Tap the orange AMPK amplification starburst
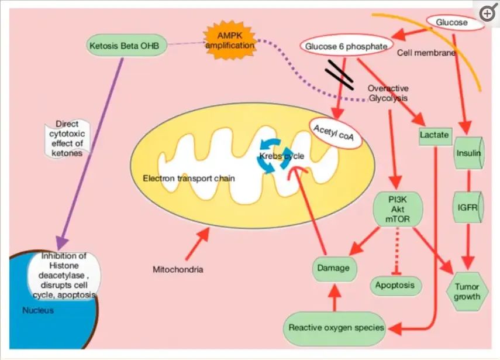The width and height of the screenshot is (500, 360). click(x=230, y=40)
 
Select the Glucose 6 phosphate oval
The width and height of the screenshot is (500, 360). click(x=346, y=46)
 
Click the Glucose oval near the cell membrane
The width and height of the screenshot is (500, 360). click(x=455, y=23)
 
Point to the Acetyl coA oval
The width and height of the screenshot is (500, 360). click(x=335, y=133)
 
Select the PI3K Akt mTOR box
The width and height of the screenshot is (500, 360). click(x=398, y=209)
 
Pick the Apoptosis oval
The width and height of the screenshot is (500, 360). click(x=396, y=285)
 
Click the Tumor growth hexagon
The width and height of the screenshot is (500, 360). click(x=467, y=292)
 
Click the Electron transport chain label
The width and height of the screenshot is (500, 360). click(x=189, y=179)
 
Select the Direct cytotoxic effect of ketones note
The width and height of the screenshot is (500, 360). click(x=67, y=139)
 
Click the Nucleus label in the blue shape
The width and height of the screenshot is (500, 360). click(x=38, y=310)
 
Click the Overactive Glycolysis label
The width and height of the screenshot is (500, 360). click(x=388, y=93)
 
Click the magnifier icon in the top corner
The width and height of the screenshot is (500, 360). click(x=487, y=13)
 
